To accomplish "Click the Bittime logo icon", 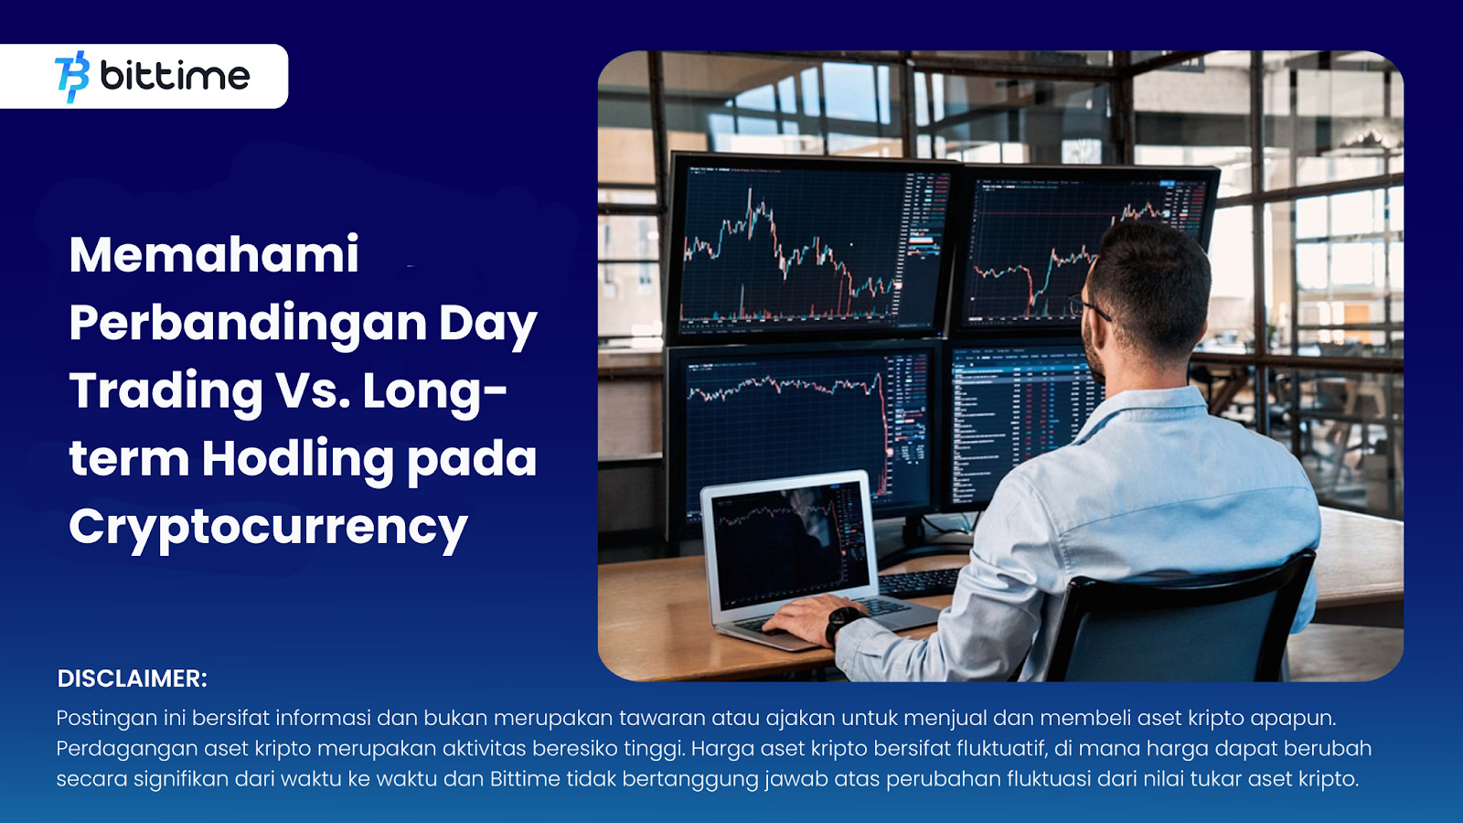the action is pyautogui.click(x=72, y=77).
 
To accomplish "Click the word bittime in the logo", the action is pyautogui.click(x=175, y=76).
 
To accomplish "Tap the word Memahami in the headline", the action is pyautogui.click(x=214, y=255).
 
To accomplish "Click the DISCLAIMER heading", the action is pyautogui.click(x=132, y=679).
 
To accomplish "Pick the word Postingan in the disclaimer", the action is pyautogui.click(x=106, y=719).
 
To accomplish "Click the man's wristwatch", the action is pyautogui.click(x=843, y=623).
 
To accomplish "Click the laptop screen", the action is pyautogui.click(x=791, y=545).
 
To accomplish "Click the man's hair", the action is pyautogui.click(x=1153, y=281).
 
